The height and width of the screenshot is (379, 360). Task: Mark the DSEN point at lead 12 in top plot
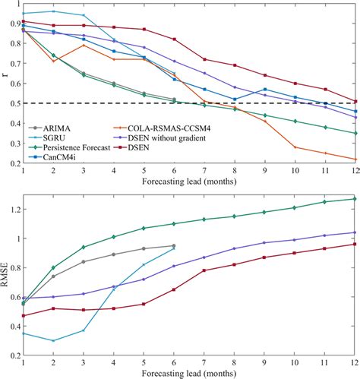coord(355,101)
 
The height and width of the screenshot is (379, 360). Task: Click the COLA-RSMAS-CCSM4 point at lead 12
coord(355,159)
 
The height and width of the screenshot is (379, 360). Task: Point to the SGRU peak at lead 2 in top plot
coord(53,11)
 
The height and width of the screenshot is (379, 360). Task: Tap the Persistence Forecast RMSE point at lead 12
coord(355,199)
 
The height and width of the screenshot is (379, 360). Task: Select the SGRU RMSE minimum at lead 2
coord(53,340)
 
